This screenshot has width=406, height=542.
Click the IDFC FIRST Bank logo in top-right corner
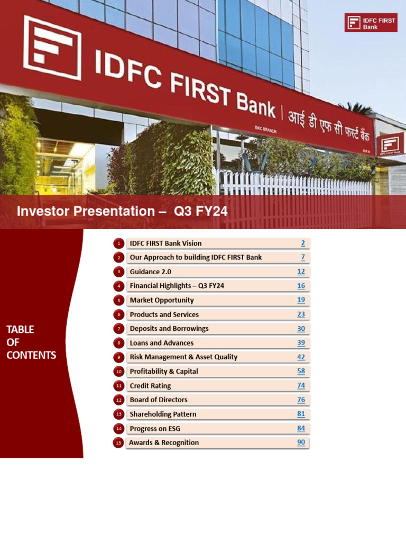(x=371, y=23)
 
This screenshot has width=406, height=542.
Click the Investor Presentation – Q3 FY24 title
(x=122, y=211)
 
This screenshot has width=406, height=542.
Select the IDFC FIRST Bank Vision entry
(x=165, y=243)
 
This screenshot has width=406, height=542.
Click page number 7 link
(x=303, y=257)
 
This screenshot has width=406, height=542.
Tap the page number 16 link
(x=301, y=286)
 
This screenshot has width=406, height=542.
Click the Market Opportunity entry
(x=162, y=300)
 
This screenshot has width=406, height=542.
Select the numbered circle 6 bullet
(x=118, y=314)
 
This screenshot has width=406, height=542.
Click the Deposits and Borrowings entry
(x=169, y=329)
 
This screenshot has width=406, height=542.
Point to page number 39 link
(x=301, y=343)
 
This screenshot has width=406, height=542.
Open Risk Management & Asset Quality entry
(x=183, y=357)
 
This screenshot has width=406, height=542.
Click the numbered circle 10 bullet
(x=118, y=372)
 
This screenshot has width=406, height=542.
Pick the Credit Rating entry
(x=150, y=386)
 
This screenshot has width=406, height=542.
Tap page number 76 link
(x=301, y=400)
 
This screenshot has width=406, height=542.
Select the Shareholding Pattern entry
(x=163, y=414)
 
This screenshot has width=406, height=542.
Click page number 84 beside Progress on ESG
(x=301, y=428)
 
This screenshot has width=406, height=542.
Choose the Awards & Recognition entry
(x=164, y=442)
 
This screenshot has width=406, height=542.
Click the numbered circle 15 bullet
(x=118, y=442)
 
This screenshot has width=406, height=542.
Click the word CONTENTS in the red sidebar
(x=31, y=355)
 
